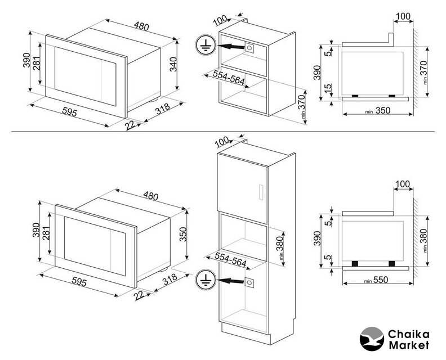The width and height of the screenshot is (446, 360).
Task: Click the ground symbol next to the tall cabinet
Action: tap(206, 280)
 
